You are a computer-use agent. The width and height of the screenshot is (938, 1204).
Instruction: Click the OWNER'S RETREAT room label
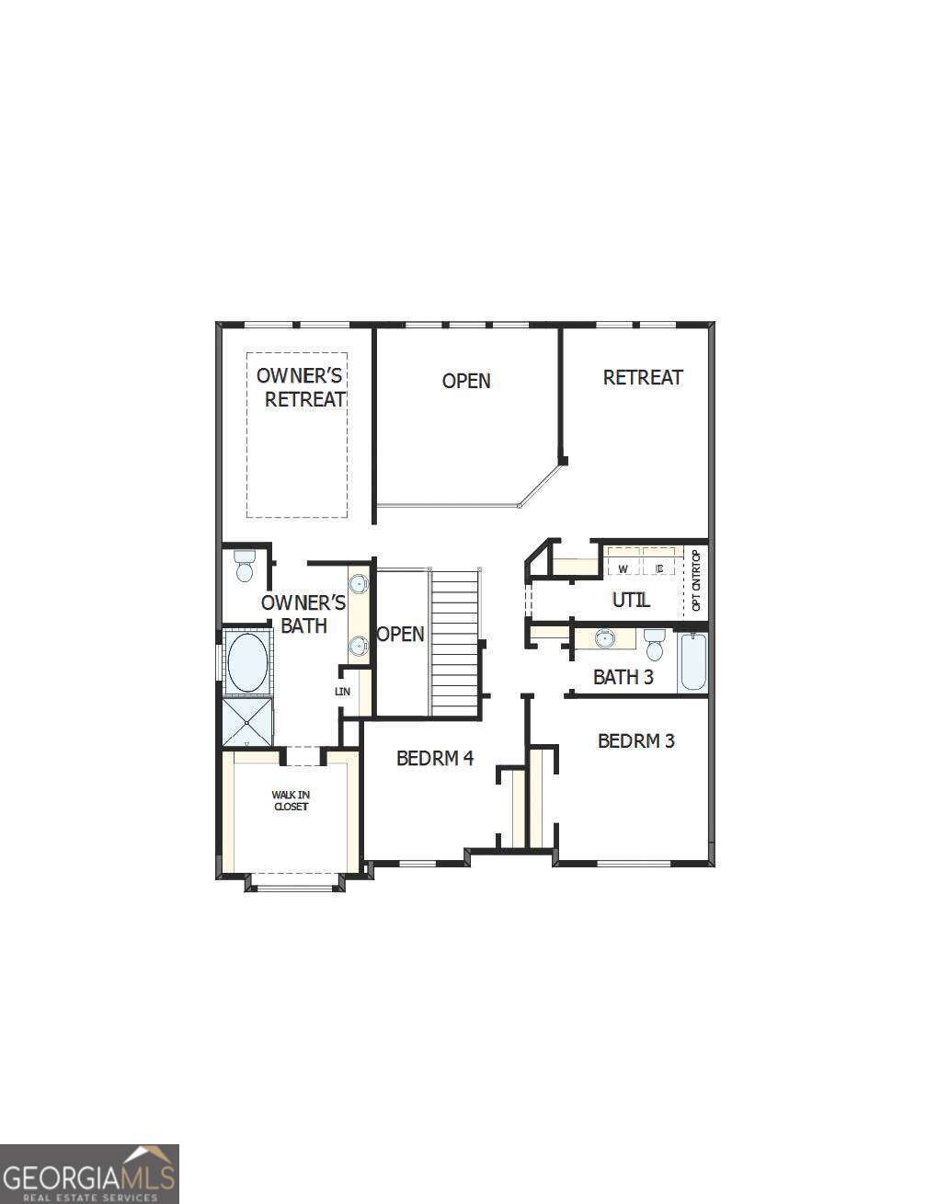(x=301, y=387)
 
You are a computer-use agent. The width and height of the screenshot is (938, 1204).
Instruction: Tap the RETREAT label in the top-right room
(x=643, y=377)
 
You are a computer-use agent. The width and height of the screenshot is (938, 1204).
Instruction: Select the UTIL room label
(x=631, y=600)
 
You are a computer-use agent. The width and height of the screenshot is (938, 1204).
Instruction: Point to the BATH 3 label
(x=623, y=678)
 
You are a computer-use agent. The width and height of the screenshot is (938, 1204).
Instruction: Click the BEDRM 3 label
(x=635, y=740)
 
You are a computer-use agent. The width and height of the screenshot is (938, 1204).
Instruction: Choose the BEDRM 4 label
(x=434, y=758)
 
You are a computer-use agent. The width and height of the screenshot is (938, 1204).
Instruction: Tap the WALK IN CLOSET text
(x=290, y=800)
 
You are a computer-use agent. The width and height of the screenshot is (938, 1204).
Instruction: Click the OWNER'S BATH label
(x=303, y=614)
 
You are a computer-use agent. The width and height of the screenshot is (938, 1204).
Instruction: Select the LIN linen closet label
(x=342, y=692)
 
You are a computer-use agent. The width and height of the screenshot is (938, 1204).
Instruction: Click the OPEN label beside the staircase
(x=401, y=635)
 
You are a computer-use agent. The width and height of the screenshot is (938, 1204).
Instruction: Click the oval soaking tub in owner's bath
(x=246, y=662)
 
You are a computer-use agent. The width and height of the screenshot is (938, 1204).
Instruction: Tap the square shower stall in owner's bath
(x=247, y=723)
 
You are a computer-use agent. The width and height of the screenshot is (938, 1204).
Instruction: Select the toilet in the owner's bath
(x=245, y=566)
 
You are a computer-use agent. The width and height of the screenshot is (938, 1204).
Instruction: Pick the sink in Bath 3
(x=605, y=637)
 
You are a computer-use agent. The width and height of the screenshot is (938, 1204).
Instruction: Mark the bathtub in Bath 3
(x=692, y=662)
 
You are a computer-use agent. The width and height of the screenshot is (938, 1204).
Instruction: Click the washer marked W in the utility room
(x=623, y=568)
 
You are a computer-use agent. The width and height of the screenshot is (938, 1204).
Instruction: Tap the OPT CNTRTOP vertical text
(x=696, y=580)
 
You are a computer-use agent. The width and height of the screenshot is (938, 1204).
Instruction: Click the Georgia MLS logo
(x=89, y=1174)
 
